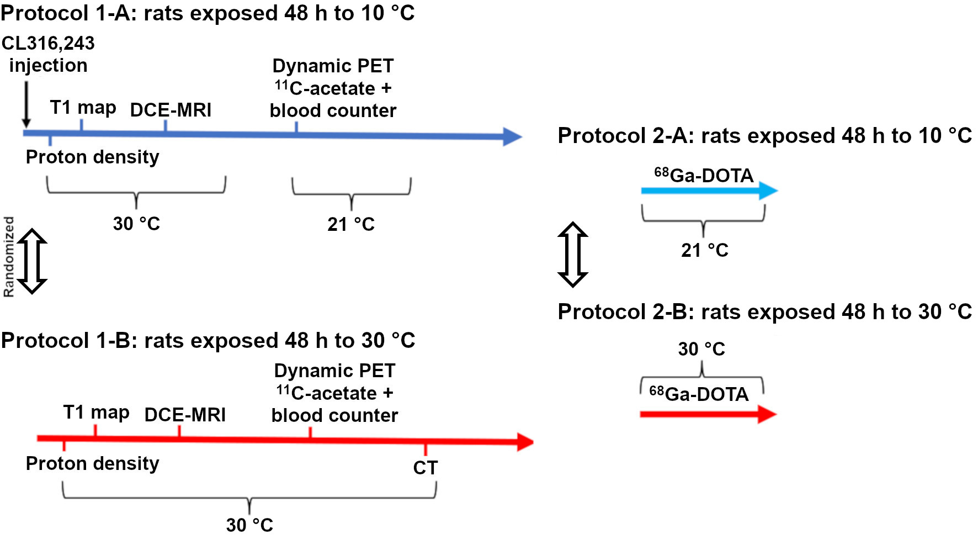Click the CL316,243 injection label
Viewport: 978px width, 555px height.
(48, 54)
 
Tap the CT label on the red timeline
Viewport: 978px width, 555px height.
(425, 468)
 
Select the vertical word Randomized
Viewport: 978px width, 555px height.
(9, 257)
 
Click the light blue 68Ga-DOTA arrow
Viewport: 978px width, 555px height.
(709, 191)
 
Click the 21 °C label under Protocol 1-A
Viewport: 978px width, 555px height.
(351, 224)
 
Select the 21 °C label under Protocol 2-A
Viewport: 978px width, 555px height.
(704, 250)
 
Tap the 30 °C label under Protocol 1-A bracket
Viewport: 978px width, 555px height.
(136, 224)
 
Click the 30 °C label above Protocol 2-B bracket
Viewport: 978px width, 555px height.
(701, 349)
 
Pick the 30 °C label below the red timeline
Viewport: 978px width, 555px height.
(249, 525)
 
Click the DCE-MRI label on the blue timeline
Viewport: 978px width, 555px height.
(171, 110)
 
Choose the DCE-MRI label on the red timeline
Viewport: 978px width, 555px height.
(185, 415)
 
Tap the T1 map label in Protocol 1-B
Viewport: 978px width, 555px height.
(96, 413)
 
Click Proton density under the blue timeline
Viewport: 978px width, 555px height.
(92, 157)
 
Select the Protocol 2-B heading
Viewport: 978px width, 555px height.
(764, 312)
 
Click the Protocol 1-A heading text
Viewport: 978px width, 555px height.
(208, 13)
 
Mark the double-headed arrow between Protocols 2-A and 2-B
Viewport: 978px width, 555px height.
(573, 255)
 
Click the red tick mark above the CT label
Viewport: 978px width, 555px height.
(425, 448)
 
